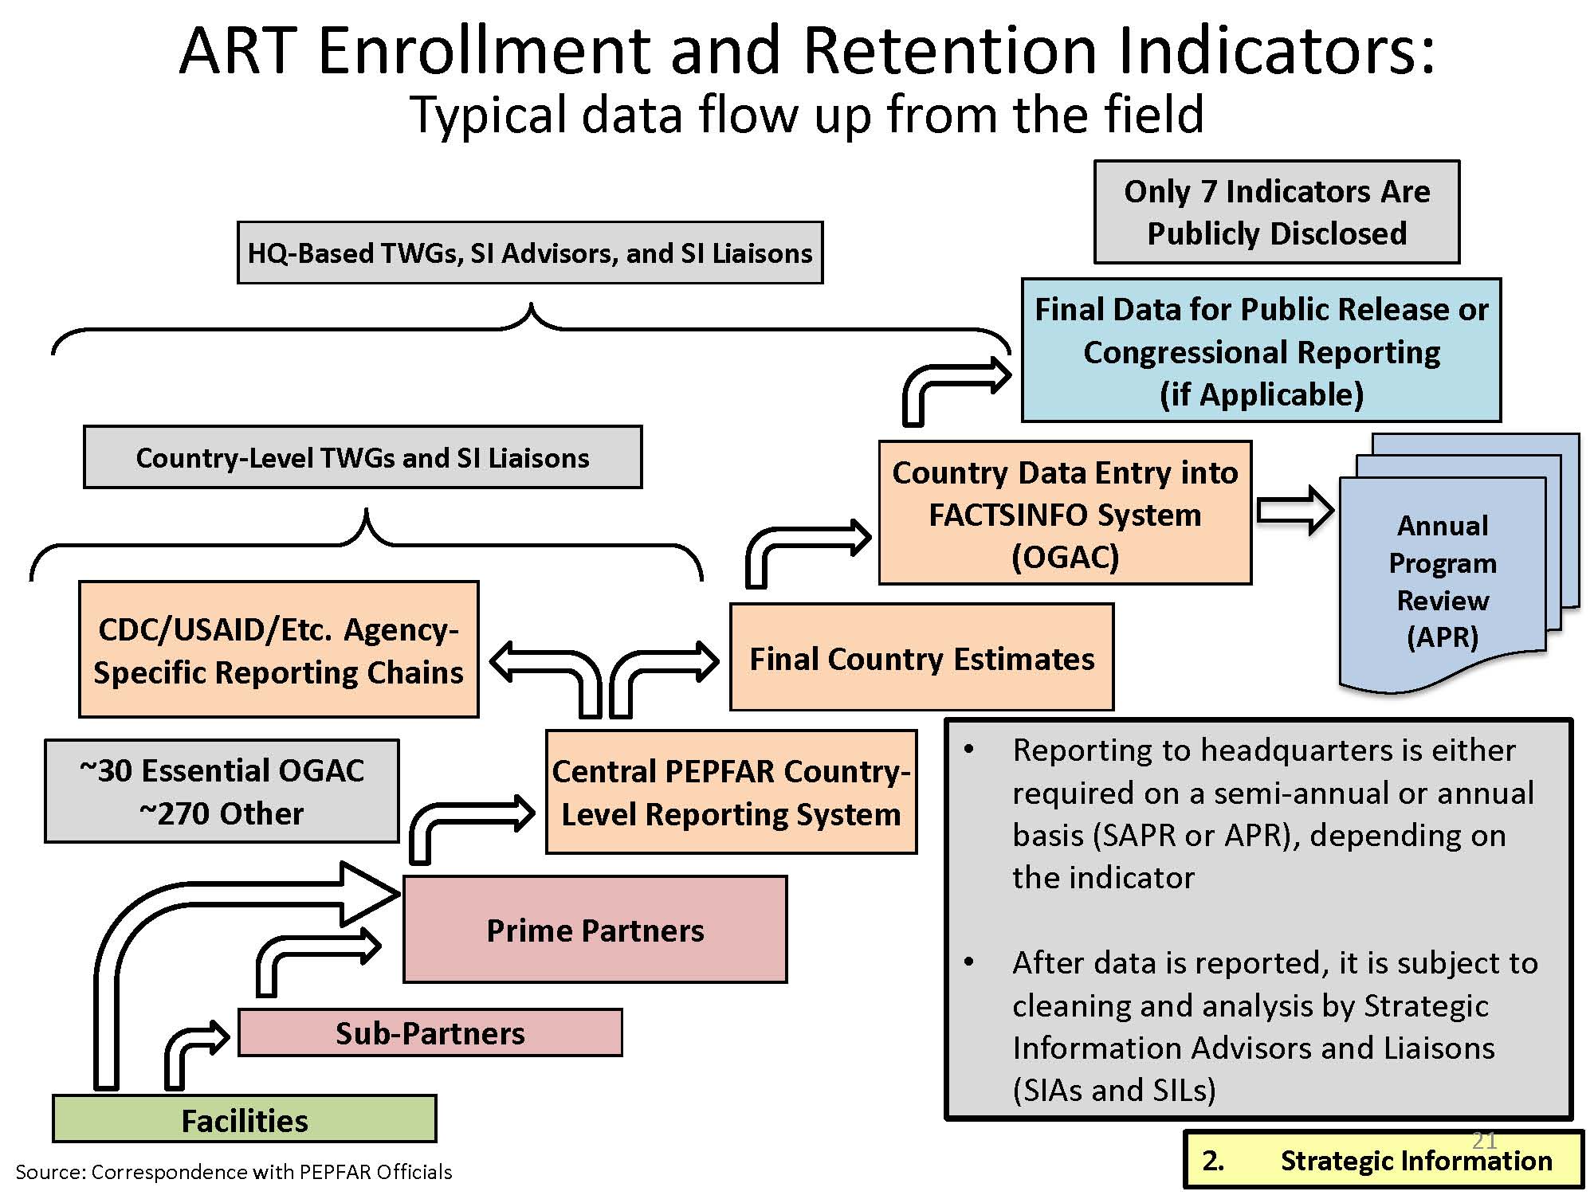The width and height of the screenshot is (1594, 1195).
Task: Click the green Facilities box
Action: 244,1119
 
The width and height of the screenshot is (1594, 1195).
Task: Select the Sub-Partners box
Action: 430,1033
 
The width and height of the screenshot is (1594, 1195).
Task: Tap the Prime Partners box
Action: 595,930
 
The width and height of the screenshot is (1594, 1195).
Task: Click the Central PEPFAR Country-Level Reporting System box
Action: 731,793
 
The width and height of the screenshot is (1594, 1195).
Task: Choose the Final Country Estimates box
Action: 921,658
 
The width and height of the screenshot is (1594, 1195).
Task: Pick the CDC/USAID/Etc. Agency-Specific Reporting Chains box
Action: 278,650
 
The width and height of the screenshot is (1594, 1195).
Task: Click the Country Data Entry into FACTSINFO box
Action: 1065,514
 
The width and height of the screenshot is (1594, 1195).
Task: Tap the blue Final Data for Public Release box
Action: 1261,351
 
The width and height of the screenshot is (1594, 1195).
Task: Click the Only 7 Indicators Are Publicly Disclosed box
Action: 1276,212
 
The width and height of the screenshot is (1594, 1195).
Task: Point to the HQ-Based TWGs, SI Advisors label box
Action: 529,253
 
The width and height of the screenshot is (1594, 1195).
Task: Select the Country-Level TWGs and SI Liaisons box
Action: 362,457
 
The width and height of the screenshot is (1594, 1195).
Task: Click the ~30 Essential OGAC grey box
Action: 222,791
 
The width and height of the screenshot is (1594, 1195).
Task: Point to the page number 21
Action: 1484,1140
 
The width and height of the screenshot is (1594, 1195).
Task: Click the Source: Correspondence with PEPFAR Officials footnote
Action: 234,1172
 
